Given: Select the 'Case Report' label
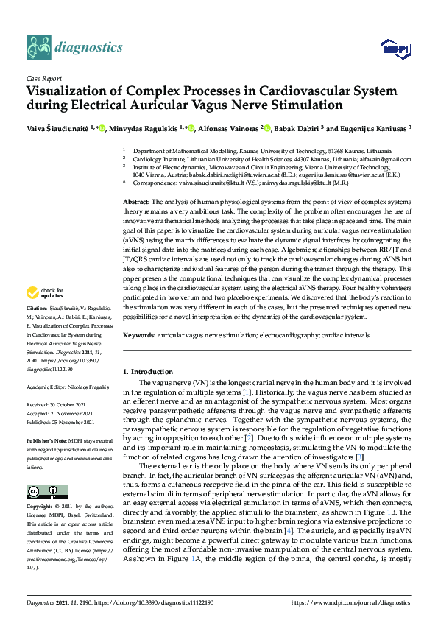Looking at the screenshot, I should point(44,78).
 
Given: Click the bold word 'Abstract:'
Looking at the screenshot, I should point(136,202).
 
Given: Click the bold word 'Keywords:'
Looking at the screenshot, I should point(138,335).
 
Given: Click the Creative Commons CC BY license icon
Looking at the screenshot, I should point(42,492).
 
